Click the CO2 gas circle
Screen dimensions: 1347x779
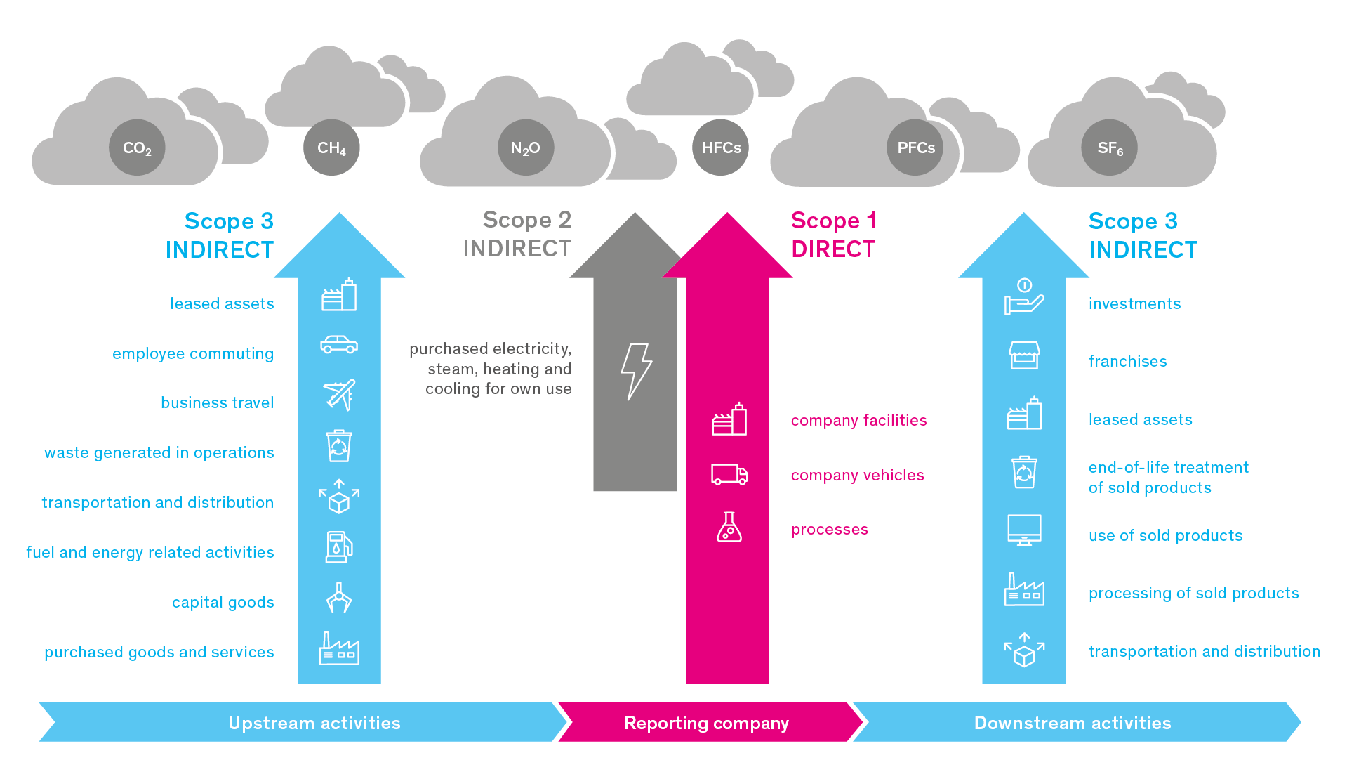(137, 148)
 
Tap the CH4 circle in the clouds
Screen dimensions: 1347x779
(331, 148)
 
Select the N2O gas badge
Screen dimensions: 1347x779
(526, 148)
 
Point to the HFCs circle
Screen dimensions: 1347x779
(721, 148)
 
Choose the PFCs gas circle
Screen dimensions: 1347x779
(915, 148)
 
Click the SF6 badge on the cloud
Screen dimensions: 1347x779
(1110, 148)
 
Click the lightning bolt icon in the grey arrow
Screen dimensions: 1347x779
(636, 372)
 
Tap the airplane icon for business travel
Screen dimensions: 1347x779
(339, 395)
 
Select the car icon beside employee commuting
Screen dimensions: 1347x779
(339, 344)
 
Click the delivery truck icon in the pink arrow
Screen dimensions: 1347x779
(729, 475)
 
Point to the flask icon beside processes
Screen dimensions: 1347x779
(729, 527)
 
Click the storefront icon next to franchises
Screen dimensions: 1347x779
(1024, 355)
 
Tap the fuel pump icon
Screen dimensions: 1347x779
(339, 547)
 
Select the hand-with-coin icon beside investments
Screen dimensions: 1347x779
(1024, 296)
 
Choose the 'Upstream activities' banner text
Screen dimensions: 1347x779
(314, 723)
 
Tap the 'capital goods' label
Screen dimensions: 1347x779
(223, 603)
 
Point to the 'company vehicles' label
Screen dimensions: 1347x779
(858, 476)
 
